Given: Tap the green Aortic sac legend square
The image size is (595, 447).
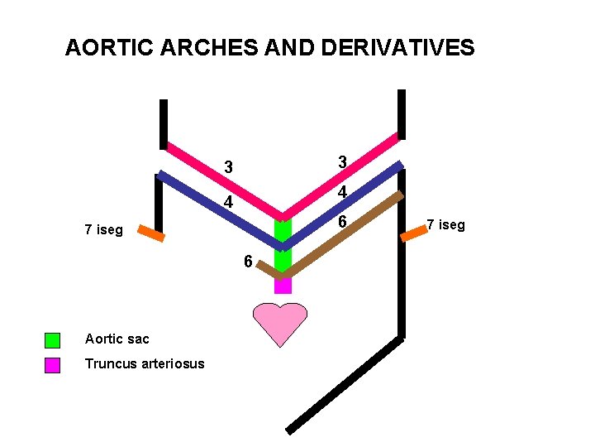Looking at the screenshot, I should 52,339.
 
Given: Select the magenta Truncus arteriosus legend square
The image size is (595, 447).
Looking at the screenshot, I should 52,365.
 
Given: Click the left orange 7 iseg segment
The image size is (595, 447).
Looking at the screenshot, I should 150,233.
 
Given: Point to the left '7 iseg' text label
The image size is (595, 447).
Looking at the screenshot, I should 103,229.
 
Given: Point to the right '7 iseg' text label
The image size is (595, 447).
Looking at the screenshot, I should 445,224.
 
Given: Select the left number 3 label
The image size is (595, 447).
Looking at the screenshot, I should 229,168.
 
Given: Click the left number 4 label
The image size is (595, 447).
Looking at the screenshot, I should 229,203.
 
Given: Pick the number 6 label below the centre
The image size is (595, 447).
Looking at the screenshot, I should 248,262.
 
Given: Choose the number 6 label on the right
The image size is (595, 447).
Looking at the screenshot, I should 342,223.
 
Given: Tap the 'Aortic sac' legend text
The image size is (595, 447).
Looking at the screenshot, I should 116,339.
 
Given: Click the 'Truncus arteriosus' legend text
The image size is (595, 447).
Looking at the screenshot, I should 144,364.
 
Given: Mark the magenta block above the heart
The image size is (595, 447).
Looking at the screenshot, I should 283,284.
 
